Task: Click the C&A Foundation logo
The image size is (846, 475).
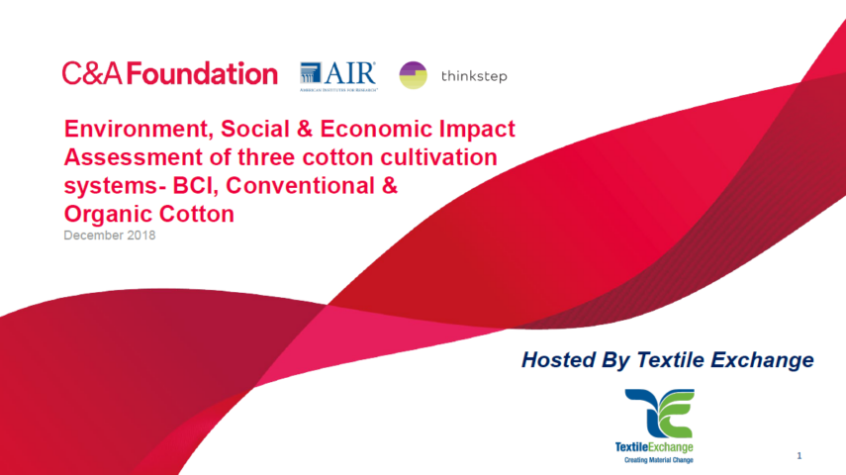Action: [169, 74]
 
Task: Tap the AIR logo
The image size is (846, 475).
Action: [337, 75]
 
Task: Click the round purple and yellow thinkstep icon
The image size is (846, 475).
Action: [414, 75]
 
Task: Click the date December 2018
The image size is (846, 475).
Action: [110, 237]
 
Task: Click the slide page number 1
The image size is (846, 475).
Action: [799, 455]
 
